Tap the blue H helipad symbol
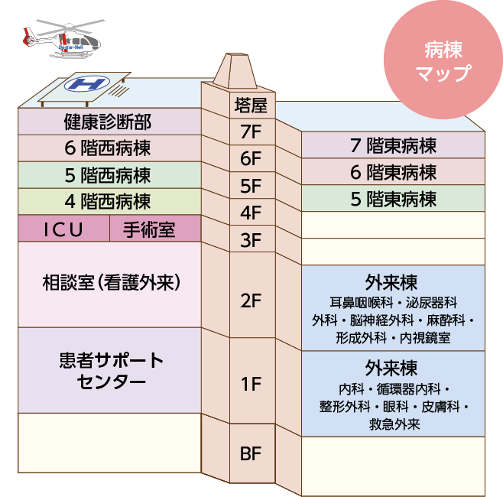click(x=86, y=83)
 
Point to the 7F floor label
click(x=250, y=132)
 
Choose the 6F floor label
click(x=250, y=159)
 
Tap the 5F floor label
click(x=250, y=186)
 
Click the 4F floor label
click(x=250, y=213)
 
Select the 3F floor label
click(x=250, y=240)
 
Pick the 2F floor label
click(x=250, y=300)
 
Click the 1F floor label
click(x=250, y=385)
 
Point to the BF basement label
click(x=250, y=454)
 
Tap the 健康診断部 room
click(x=108, y=121)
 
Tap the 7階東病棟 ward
click(x=393, y=145)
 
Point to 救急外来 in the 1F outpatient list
click(x=393, y=423)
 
